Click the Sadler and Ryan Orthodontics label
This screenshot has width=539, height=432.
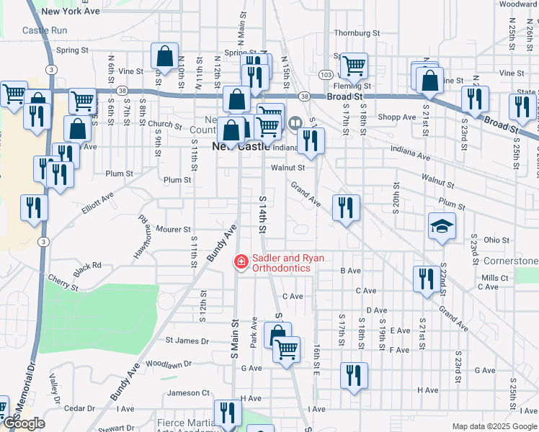pyautogui.click(x=281, y=263)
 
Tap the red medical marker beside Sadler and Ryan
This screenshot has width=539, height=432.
pyautogui.click(x=241, y=263)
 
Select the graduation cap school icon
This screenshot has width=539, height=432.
pyautogui.click(x=442, y=227)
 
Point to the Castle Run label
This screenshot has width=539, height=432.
pyautogui.click(x=45, y=30)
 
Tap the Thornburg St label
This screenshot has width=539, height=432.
pyautogui.click(x=356, y=33)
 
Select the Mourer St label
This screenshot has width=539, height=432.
pyautogui.click(x=173, y=230)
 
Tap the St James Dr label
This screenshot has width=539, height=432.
pyautogui.click(x=187, y=341)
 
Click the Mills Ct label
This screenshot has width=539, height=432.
pyautogui.click(x=495, y=277)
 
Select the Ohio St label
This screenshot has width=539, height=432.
pyautogui.click(x=496, y=240)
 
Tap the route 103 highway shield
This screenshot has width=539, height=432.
pyautogui.click(x=326, y=75)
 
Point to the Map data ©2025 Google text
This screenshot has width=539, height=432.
pyautogui.click(x=494, y=426)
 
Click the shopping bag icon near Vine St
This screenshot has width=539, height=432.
pyautogui.click(x=165, y=57)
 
